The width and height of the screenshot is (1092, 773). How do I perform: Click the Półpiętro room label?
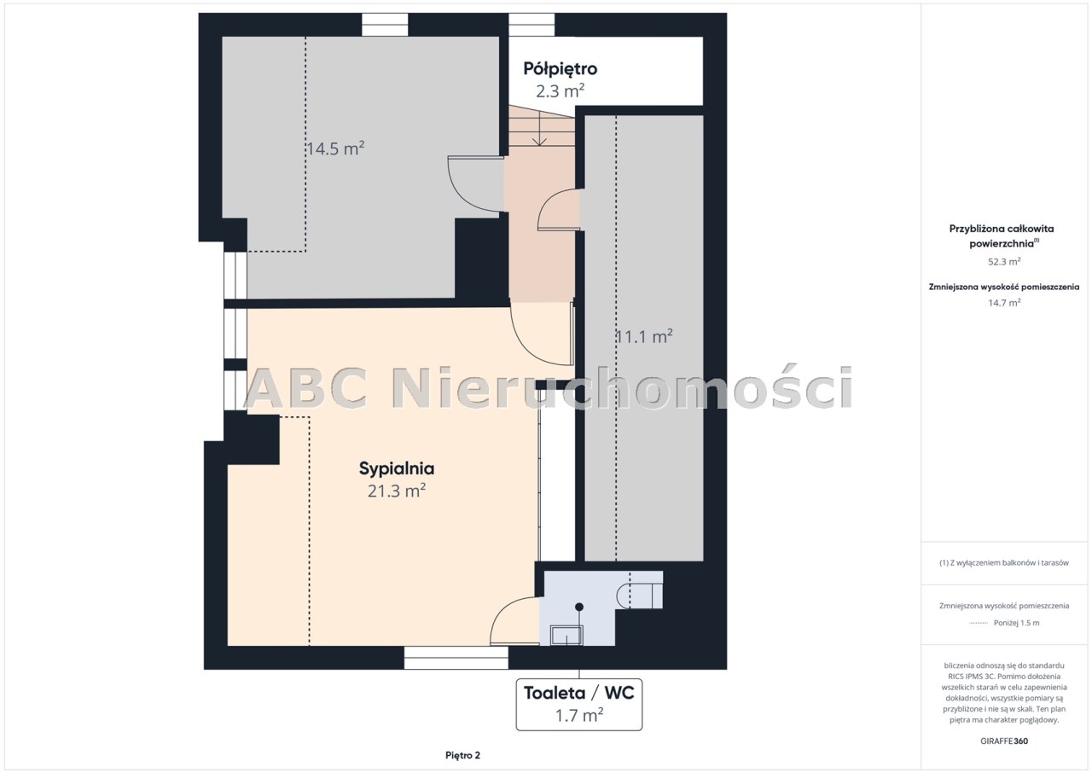[x=561, y=69]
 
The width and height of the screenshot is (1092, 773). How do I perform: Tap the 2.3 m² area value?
[x=561, y=91]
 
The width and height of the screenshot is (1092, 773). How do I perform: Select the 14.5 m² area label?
[x=335, y=148]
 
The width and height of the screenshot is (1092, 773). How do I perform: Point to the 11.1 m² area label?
[x=644, y=336]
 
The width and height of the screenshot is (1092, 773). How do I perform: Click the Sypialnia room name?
[x=397, y=468]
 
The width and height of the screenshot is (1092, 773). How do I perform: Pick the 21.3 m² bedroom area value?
[x=397, y=491]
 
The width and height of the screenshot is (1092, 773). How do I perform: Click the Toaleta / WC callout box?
[x=579, y=705]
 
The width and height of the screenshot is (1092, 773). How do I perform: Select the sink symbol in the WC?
[x=566, y=636]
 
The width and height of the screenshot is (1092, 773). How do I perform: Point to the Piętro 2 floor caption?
[x=462, y=755]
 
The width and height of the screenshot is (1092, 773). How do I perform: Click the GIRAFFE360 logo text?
[x=1004, y=741]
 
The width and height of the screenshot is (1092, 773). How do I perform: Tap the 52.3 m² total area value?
[x=1004, y=261]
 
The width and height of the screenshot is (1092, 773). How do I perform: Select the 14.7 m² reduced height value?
[x=1004, y=303]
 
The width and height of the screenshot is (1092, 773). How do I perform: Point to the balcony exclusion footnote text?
[x=1004, y=563]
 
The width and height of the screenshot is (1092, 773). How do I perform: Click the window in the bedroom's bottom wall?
[x=456, y=658]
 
